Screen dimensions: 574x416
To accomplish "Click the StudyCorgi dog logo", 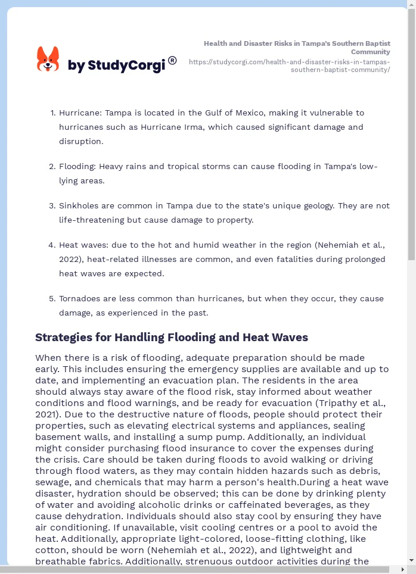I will click(x=48, y=60).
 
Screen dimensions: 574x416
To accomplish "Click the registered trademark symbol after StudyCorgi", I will click(x=172, y=60).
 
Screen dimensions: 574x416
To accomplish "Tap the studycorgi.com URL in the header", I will click(x=290, y=65).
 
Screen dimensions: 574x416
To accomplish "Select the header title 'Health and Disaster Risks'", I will click(x=297, y=48).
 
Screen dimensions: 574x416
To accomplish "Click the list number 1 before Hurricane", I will click(x=52, y=113).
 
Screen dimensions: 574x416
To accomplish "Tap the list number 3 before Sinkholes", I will click(x=52, y=205).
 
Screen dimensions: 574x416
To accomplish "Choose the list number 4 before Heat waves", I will click(x=52, y=245).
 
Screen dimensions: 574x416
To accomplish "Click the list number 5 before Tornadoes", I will click(x=52, y=298).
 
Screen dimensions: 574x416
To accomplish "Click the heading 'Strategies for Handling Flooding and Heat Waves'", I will click(x=172, y=338).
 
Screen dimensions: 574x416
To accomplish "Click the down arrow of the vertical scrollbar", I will click(x=411, y=560).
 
